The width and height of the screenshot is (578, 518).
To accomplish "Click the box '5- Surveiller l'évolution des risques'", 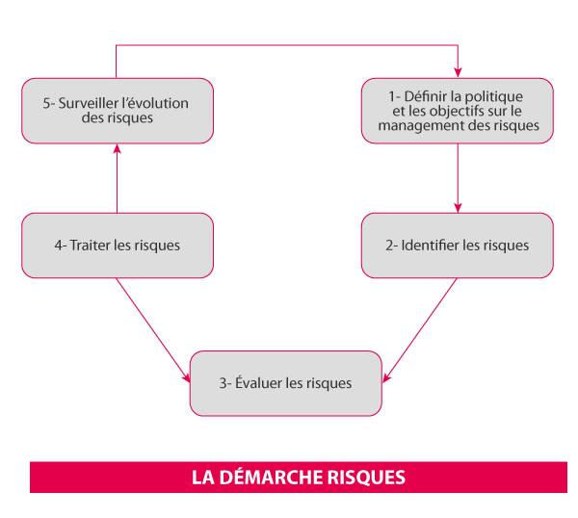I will (x=118, y=111).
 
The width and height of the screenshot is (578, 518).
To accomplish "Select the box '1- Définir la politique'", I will (x=457, y=111).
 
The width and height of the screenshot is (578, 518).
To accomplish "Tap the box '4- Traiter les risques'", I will (x=118, y=246).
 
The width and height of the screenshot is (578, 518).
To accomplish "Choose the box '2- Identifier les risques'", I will (x=457, y=246).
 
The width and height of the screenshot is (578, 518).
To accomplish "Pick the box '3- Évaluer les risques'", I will (x=285, y=383).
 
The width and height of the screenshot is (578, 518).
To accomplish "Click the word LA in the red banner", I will (x=201, y=478).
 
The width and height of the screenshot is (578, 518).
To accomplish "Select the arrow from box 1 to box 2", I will (x=458, y=178).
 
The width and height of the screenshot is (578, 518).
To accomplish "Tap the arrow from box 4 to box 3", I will (x=152, y=328).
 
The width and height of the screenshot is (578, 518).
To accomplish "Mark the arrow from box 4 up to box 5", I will (x=117, y=178).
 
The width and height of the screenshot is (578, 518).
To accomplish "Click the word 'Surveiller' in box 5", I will (x=90, y=103).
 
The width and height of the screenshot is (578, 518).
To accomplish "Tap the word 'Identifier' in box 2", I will (x=430, y=246).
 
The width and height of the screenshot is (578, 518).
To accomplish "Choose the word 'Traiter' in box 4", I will (x=92, y=246).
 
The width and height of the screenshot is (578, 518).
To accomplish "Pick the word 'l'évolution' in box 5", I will (x=155, y=103).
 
